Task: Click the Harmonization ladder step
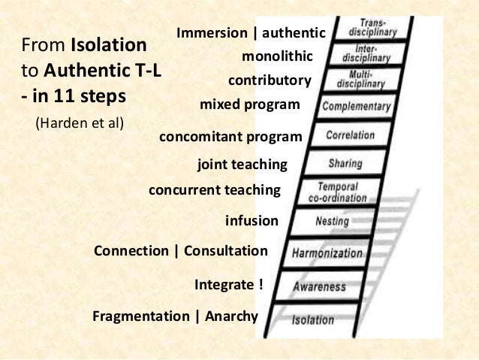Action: coord(327,253)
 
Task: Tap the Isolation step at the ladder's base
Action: coord(313,319)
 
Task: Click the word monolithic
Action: coord(276,56)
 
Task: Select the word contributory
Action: coord(269,80)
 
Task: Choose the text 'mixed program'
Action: coord(249,104)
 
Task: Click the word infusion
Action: coord(252,221)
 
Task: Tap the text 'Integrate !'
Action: coord(229,285)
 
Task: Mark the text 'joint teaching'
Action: coord(242,164)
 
